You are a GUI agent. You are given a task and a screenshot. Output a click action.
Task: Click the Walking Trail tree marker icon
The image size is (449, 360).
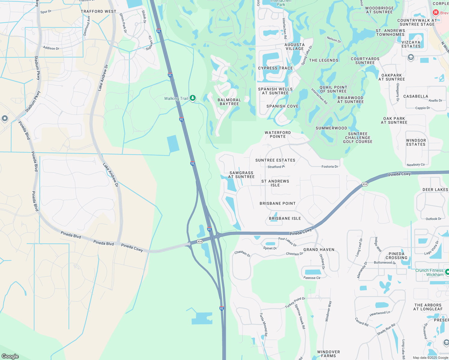193,98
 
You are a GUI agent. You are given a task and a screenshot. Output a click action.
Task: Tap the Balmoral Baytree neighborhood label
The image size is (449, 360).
229,102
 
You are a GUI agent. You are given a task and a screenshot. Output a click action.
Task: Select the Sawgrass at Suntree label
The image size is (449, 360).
241,175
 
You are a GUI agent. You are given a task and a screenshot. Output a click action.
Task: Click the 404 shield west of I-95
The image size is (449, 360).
200,241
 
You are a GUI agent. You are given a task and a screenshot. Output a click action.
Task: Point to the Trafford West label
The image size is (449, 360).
98,11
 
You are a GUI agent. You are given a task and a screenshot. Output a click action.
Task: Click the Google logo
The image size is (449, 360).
10,356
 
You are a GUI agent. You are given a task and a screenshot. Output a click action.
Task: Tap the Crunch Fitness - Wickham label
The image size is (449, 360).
429,272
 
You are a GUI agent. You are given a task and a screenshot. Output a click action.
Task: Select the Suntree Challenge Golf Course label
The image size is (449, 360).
358,138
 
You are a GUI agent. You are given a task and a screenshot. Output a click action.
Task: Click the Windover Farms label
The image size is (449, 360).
329,354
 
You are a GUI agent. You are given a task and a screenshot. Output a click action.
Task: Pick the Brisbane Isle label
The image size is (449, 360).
285,218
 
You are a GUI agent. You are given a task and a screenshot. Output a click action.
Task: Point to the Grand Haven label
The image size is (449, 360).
319,250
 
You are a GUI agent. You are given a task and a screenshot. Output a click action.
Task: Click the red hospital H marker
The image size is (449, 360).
436,13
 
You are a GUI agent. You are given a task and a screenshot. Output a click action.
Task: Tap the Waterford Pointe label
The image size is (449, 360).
278,134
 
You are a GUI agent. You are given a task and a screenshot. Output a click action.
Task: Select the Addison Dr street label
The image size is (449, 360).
51,48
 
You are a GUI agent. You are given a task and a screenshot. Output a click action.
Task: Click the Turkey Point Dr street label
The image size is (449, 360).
295,303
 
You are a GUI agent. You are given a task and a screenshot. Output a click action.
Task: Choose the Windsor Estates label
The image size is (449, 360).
416,142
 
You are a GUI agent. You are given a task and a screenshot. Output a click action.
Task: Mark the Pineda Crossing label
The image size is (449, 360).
396,256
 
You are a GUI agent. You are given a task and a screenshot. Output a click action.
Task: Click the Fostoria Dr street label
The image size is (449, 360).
330,166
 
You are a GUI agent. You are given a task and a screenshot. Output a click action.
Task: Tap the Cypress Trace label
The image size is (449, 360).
275,68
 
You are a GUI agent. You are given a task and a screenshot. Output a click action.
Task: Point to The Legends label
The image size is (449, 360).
324,60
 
